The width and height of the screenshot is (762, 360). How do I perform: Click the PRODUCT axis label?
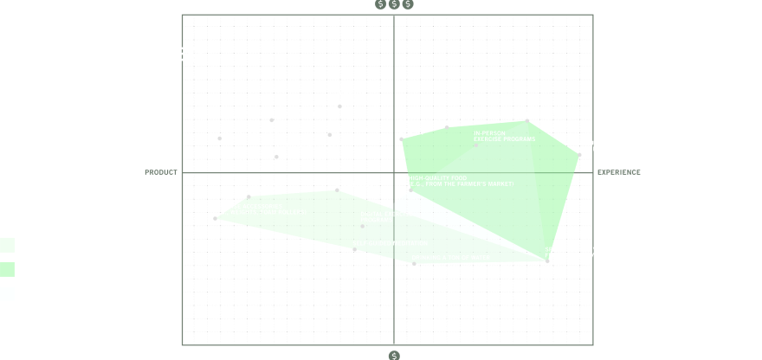161,172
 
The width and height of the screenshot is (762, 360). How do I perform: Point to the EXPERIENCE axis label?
619,172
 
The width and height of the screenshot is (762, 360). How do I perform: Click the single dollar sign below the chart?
394,355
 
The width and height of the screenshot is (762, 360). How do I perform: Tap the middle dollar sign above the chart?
394,4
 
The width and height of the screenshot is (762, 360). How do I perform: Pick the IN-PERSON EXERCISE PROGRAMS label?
504,136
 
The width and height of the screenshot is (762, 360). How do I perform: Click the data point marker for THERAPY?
527,119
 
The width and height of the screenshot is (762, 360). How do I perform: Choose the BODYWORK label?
461,120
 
